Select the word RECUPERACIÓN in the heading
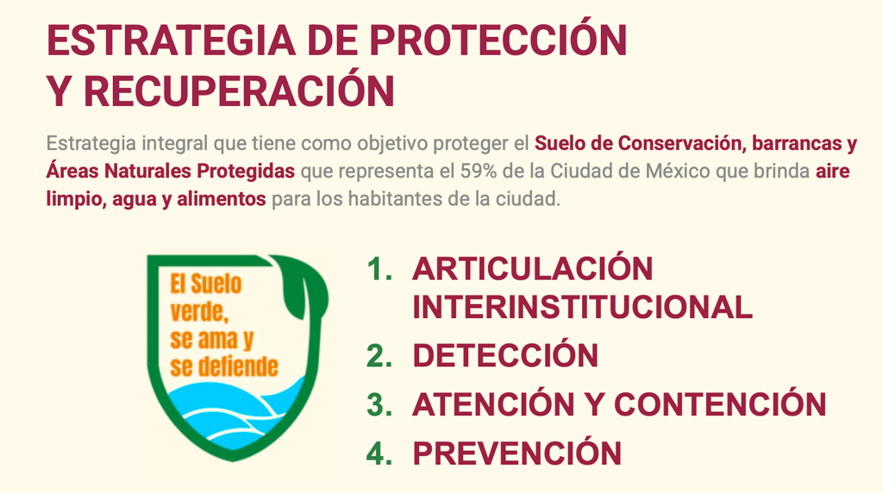(x=239, y=89)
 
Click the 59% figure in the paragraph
(x=478, y=172)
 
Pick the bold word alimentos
(x=222, y=198)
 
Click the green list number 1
(x=379, y=269)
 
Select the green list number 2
(x=379, y=356)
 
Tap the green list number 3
(x=379, y=404)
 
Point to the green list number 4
(x=379, y=453)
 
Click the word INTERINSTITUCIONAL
(x=582, y=308)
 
